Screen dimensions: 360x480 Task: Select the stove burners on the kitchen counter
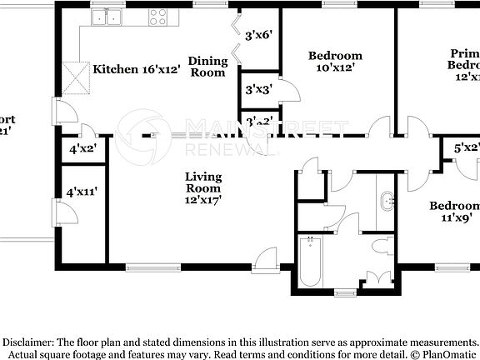pyautogui.click(x=159, y=17)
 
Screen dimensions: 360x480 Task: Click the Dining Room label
pyautogui.click(x=207, y=67)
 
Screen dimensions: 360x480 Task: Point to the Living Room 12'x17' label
pyautogui.click(x=202, y=188)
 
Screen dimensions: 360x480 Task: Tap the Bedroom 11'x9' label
pyautogui.click(x=454, y=212)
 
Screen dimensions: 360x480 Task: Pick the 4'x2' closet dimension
pyautogui.click(x=82, y=149)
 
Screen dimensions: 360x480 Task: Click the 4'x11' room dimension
pyautogui.click(x=82, y=192)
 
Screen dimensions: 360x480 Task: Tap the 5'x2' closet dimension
pyautogui.click(x=466, y=148)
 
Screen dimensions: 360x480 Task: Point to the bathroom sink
pyautogui.click(x=387, y=201)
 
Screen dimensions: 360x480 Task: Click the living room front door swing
pyautogui.click(x=266, y=259)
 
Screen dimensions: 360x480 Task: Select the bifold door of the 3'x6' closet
pyautogui.click(x=237, y=37)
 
